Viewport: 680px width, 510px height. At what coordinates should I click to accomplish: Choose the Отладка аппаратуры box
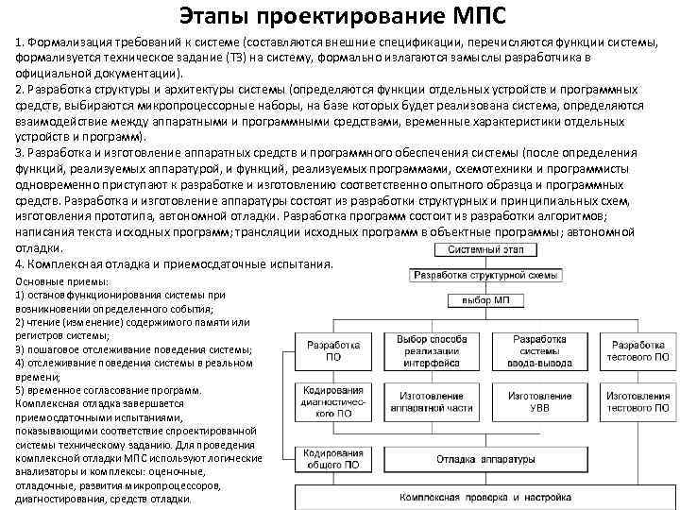point(484,459)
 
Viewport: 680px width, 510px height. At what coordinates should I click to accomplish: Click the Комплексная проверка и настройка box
point(484,496)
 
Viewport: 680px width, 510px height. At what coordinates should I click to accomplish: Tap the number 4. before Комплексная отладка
point(22,264)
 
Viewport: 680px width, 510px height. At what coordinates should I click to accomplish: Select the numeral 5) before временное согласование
point(21,389)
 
